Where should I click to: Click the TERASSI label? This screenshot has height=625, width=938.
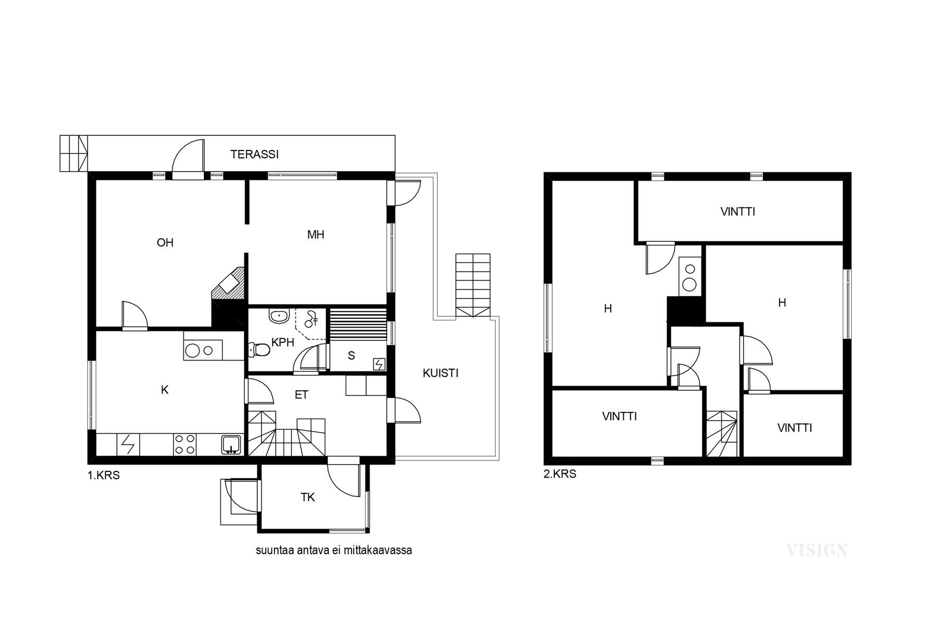(254, 154)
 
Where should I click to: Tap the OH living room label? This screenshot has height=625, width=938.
(165, 243)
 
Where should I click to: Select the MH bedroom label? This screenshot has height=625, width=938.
(316, 235)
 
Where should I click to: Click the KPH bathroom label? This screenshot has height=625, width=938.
(283, 342)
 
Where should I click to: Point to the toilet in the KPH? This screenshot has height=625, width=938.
(260, 349)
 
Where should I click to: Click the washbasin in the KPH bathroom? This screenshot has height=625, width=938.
(280, 315)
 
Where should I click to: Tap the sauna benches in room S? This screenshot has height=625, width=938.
(359, 324)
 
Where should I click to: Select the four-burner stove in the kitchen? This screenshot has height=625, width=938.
(184, 444)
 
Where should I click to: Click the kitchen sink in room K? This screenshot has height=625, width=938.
(230, 444)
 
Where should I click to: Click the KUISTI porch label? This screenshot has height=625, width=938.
(440, 373)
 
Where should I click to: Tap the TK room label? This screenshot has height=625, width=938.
(307, 497)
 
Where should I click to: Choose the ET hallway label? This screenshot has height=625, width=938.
(301, 395)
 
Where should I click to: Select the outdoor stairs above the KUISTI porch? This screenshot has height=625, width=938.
(473, 285)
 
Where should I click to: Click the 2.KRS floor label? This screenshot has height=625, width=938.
(560, 474)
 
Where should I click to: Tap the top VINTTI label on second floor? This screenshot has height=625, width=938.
(738, 211)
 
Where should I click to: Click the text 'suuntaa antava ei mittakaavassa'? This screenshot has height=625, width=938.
(334, 550)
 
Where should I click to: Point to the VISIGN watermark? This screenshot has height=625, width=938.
(817, 550)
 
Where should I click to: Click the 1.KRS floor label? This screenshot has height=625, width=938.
(104, 475)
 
